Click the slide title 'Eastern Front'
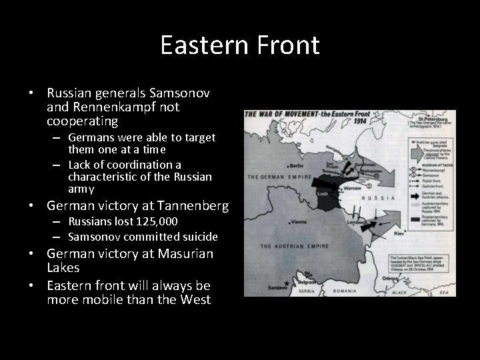click(240, 45)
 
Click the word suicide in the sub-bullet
click(197, 237)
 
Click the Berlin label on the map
click(297, 166)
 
